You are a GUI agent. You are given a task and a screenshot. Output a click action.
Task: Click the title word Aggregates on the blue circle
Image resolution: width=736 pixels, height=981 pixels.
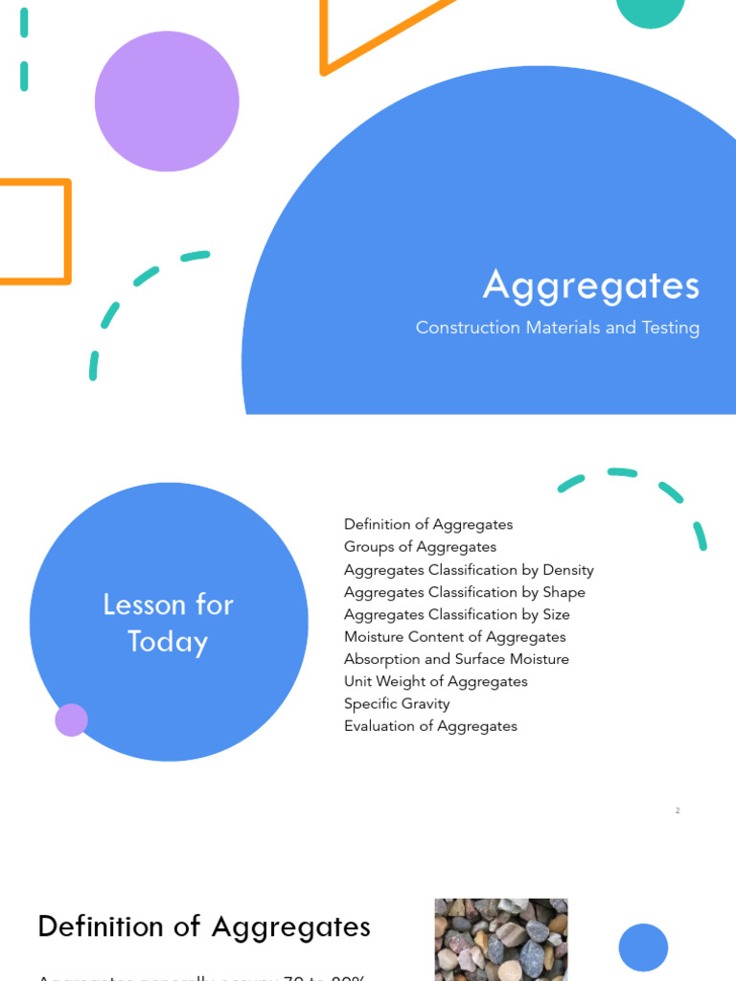click(591, 285)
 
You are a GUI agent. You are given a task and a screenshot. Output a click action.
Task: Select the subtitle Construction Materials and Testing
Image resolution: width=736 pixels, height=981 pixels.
click(558, 328)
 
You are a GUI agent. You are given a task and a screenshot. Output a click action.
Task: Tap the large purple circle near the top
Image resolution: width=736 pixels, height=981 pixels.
click(167, 102)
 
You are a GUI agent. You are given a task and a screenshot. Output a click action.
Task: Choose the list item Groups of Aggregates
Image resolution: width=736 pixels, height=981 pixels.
click(420, 547)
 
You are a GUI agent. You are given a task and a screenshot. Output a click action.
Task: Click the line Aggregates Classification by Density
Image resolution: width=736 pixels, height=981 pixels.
click(469, 570)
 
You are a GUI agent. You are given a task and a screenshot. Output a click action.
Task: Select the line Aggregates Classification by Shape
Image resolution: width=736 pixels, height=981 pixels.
click(464, 592)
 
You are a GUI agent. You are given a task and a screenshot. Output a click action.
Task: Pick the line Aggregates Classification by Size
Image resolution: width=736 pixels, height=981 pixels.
click(456, 614)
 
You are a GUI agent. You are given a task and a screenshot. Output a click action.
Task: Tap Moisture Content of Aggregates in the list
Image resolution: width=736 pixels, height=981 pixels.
click(454, 637)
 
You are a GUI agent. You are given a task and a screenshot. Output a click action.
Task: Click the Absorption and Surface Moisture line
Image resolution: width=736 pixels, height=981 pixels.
click(456, 659)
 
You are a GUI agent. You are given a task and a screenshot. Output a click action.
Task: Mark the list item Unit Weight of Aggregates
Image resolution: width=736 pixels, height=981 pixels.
click(435, 681)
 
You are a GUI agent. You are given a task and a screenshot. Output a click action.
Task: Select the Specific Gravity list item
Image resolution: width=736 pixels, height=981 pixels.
click(397, 703)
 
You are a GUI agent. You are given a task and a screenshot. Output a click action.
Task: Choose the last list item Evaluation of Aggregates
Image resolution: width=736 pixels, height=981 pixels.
click(430, 726)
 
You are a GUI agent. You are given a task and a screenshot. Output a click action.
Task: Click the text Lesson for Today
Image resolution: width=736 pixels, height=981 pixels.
click(168, 623)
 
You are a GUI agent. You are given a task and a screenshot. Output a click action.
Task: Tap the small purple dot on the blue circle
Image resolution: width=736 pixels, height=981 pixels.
click(72, 719)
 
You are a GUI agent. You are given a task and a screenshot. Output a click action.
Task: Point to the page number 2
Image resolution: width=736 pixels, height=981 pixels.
click(678, 810)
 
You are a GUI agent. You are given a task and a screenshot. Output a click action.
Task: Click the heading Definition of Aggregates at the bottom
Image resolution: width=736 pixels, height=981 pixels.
click(204, 927)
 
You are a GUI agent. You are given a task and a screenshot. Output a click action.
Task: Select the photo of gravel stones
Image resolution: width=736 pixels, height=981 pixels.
click(500, 940)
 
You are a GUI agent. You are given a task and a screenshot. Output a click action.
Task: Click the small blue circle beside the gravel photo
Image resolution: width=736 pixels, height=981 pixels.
click(643, 947)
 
